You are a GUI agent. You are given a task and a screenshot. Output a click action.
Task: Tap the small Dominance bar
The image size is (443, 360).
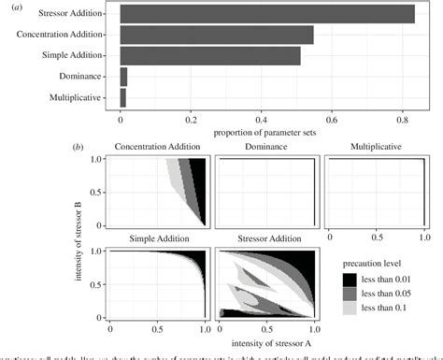[x=124, y=77]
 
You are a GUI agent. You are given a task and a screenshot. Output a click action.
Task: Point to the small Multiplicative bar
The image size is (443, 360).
[x=123, y=97]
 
